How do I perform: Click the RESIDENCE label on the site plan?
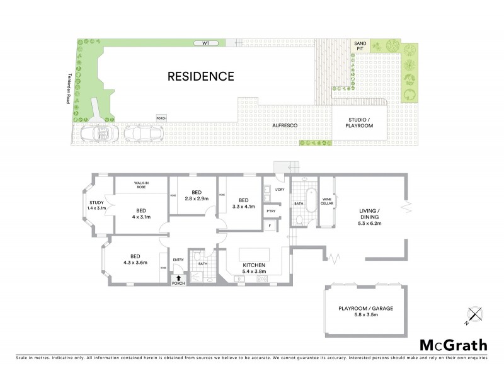[200, 77]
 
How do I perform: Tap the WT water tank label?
[205, 43]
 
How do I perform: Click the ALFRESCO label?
[284, 126]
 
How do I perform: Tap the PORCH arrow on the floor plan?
[178, 278]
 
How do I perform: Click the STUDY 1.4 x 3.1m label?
[96, 205]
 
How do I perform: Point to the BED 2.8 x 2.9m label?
[196, 195]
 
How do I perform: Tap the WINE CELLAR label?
[327, 201]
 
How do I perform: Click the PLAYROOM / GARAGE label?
[366, 311]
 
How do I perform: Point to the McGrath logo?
[453, 345]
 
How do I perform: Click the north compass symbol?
[474, 314]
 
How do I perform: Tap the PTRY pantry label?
[270, 211]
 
